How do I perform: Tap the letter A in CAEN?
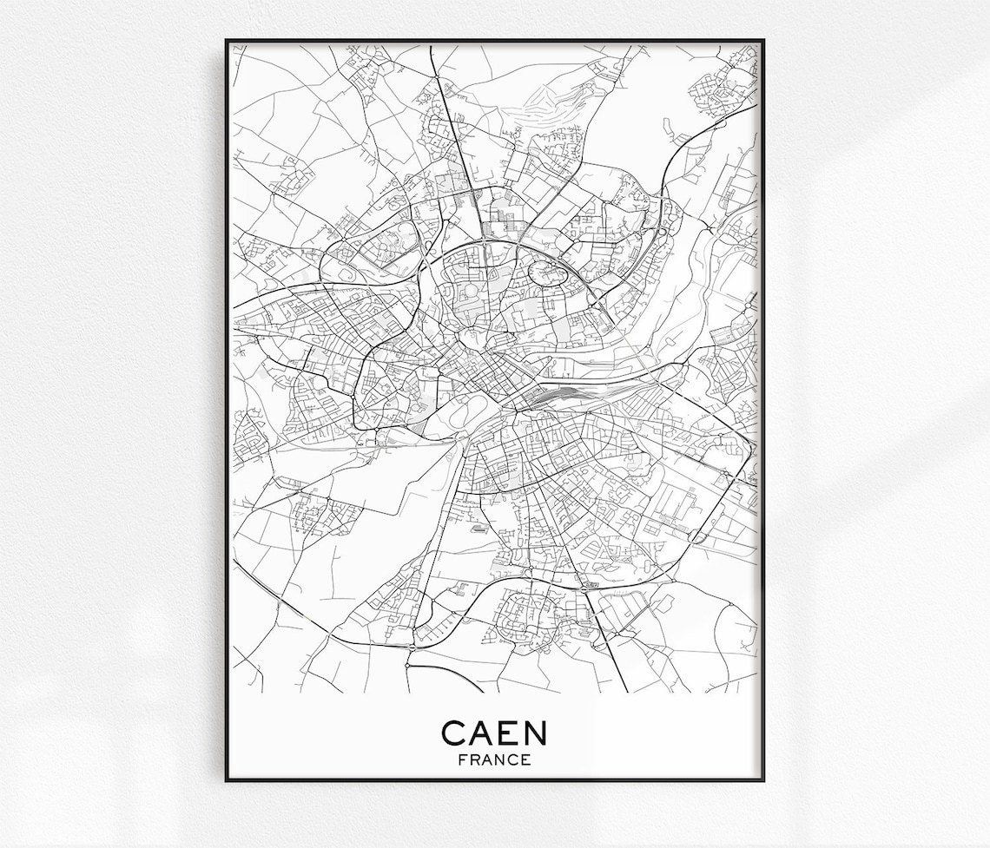(483, 733)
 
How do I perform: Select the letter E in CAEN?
(509, 733)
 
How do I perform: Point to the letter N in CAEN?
(535, 733)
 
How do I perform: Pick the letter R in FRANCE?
(473, 759)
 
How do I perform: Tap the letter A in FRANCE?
(487, 759)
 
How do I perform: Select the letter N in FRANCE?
(501, 759)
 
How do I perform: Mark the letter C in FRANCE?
(514, 759)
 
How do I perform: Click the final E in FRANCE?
(527, 759)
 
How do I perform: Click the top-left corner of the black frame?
(228, 41)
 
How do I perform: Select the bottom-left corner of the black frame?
(228, 779)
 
